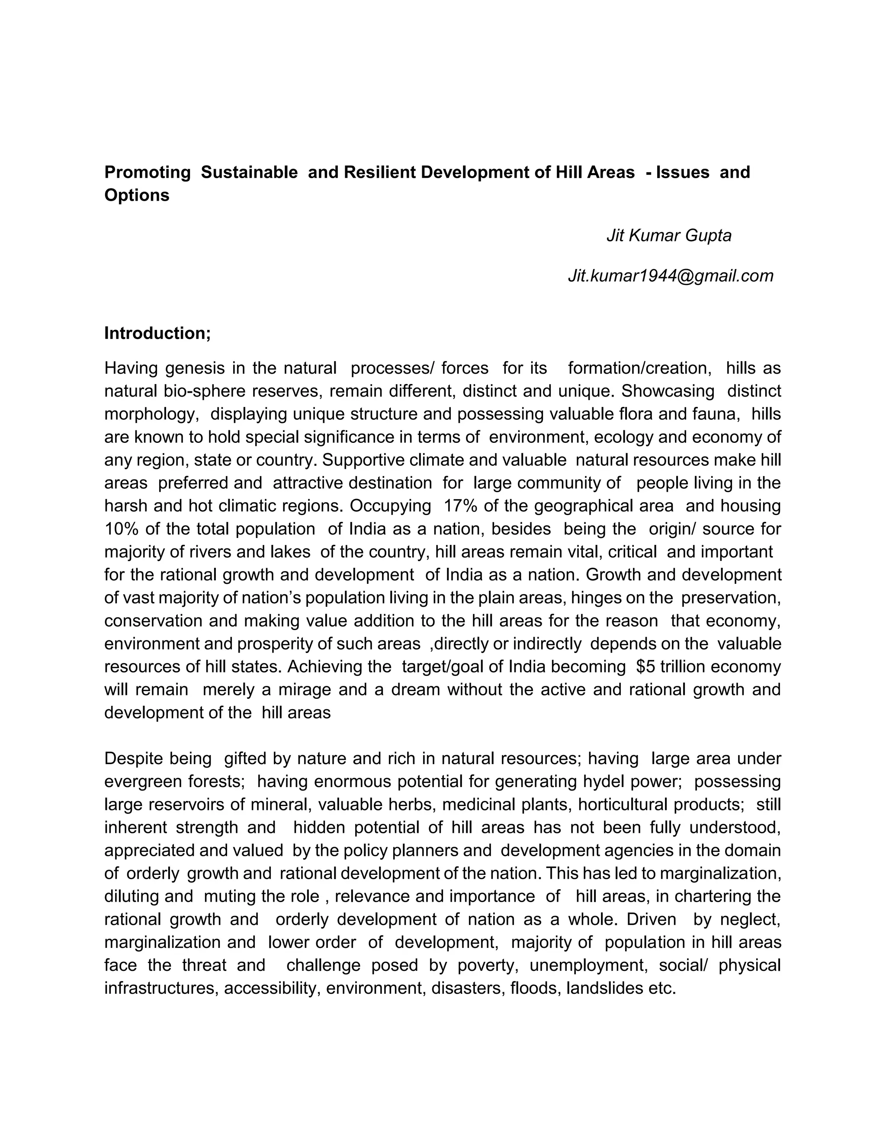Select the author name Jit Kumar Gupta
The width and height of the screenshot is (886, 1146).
pos(669,236)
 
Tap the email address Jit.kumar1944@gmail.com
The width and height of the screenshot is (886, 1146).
pos(670,275)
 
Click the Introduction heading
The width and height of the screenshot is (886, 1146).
pos(157,333)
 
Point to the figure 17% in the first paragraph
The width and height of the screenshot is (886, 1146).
pos(460,506)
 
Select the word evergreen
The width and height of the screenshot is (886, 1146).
pos(142,781)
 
